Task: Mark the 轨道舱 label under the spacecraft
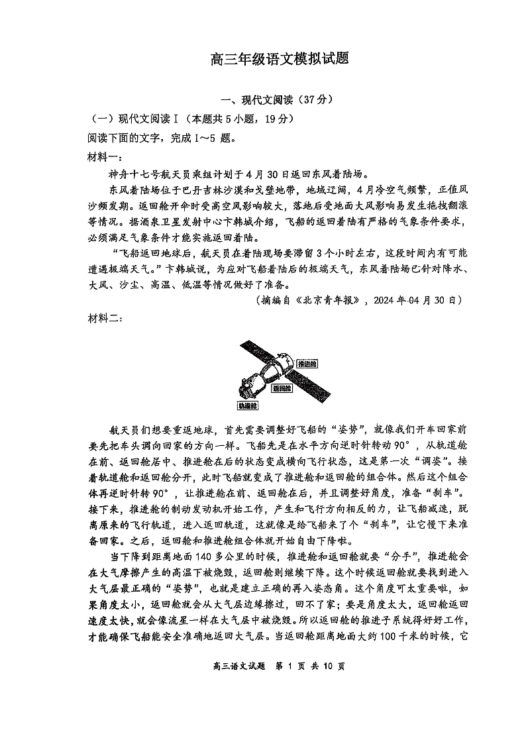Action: pos(247,404)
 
